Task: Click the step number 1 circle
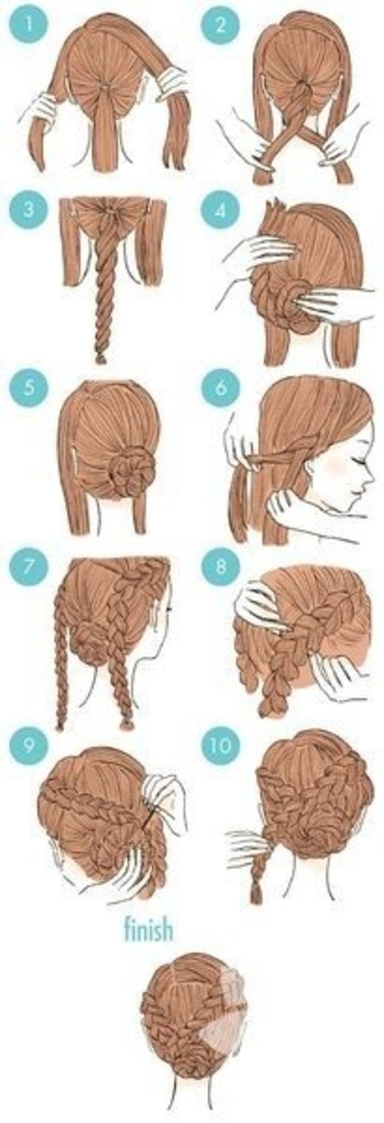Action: (28, 25)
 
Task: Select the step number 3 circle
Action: (28, 210)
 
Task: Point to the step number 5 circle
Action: (28, 387)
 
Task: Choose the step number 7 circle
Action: (28, 566)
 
